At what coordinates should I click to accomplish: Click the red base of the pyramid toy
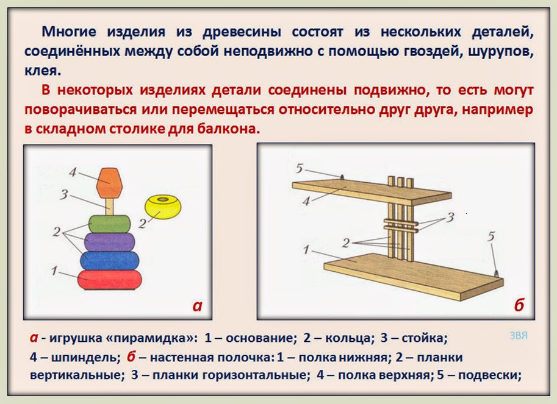(110, 280)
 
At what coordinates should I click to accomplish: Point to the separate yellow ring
(163, 207)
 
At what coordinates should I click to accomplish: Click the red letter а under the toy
(197, 306)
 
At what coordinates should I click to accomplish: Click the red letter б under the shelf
(519, 306)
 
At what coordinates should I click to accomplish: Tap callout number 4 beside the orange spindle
(72, 172)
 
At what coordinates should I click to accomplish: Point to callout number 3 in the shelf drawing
(450, 218)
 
